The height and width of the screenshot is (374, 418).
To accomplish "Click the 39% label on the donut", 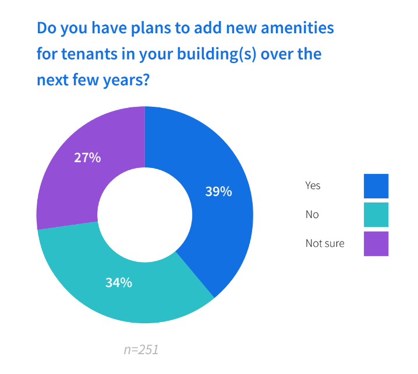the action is coord(218,191).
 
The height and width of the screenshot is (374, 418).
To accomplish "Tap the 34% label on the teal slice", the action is coord(119,282).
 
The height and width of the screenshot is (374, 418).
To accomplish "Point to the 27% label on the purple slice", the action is coord(87,158).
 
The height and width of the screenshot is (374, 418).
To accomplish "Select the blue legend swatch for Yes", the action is coord(376,186).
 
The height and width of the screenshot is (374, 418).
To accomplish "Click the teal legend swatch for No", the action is coord(376,215).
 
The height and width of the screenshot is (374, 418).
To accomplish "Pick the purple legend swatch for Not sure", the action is coord(376,244).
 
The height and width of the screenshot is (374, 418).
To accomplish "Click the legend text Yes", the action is coord(313,186).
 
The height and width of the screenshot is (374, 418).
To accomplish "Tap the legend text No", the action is coord(312,215).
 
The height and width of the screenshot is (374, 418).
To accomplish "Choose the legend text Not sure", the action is coord(325,243).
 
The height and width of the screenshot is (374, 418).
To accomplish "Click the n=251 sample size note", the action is coord(141,349).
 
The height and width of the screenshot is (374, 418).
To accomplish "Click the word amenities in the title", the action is coord(297,28).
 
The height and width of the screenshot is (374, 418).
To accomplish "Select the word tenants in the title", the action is coord(90,54).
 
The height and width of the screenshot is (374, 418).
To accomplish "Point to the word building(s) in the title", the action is coord(217,54).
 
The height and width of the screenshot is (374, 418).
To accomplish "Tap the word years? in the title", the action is coord(126,80).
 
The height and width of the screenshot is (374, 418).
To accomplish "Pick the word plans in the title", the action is coord(151,29).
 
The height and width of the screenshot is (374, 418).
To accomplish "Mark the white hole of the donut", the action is coord(145,215).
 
